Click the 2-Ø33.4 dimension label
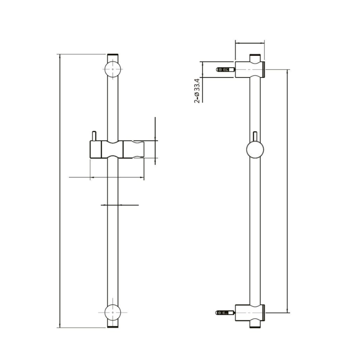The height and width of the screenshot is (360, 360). click(197, 91)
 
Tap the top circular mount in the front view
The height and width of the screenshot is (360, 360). click(112, 69)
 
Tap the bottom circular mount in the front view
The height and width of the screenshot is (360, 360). click(112, 312)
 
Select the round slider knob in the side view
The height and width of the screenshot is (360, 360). click(255, 149)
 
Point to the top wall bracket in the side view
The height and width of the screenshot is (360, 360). click(250, 69)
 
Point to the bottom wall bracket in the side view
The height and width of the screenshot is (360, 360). click(250, 313)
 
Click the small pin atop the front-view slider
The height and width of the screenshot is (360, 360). click(94, 136)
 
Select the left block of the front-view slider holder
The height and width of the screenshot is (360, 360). click(95, 149)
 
